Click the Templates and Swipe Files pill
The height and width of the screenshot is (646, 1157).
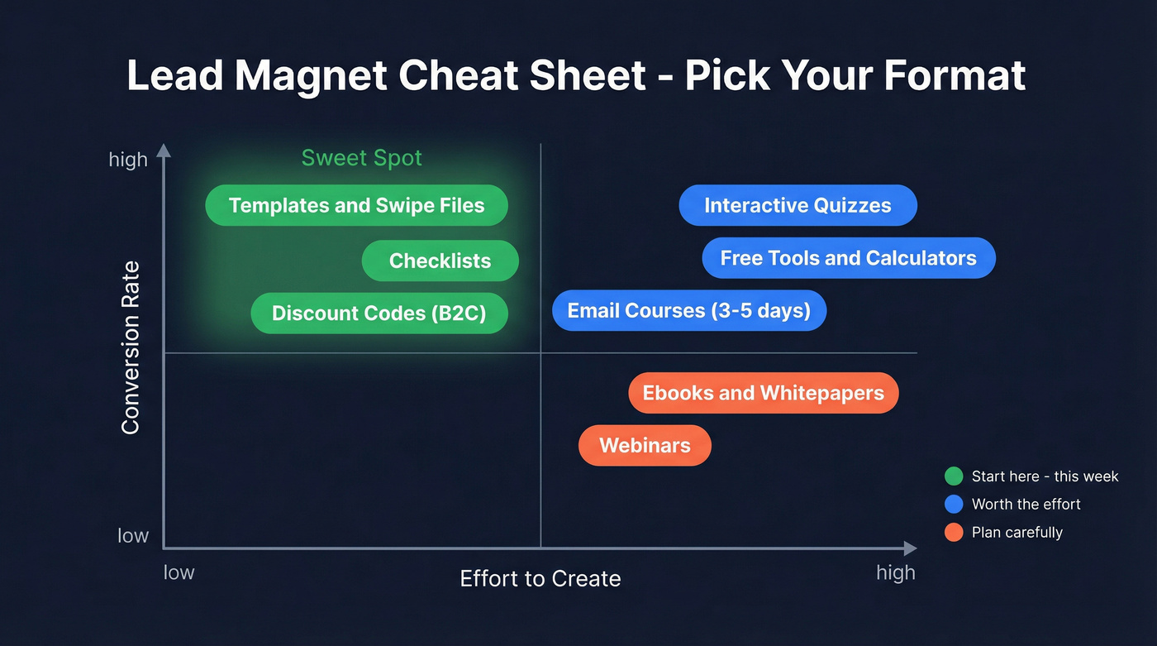click(x=356, y=205)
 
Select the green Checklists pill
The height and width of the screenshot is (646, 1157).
click(x=440, y=261)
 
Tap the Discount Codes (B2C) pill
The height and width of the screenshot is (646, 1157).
click(x=379, y=313)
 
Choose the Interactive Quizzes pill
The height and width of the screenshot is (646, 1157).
click(x=798, y=205)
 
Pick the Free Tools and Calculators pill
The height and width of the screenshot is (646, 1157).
click(x=848, y=258)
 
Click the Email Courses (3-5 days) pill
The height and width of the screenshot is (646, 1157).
click(x=688, y=310)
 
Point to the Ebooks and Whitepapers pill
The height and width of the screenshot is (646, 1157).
click(x=763, y=393)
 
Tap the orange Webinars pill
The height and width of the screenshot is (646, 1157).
click(x=645, y=445)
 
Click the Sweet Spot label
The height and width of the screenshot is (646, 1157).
click(x=361, y=158)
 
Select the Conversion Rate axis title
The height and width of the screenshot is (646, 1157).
click(x=131, y=347)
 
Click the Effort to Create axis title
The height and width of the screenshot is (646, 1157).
click(x=540, y=578)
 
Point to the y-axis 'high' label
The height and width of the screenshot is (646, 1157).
click(x=128, y=159)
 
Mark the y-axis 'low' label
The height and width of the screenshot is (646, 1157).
click(x=133, y=535)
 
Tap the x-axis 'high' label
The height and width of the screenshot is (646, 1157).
click(x=895, y=572)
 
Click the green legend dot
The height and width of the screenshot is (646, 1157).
click(x=954, y=476)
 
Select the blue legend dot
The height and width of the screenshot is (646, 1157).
click(x=954, y=504)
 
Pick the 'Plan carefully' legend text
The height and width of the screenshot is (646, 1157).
click(x=1017, y=532)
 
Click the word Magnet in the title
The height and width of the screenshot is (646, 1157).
click(x=311, y=75)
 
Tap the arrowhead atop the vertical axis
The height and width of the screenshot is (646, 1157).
click(x=164, y=150)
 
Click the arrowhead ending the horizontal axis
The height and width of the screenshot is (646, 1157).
click(x=911, y=548)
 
